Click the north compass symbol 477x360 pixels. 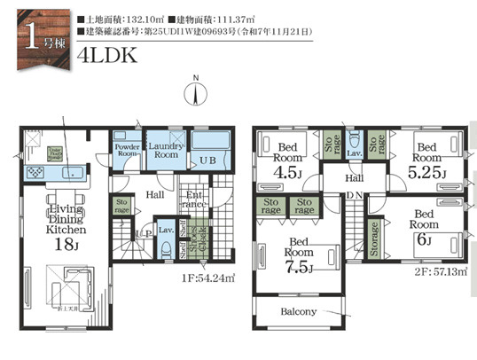point(196,92)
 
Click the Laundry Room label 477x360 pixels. point(164,149)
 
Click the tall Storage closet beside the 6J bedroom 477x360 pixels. point(375,239)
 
